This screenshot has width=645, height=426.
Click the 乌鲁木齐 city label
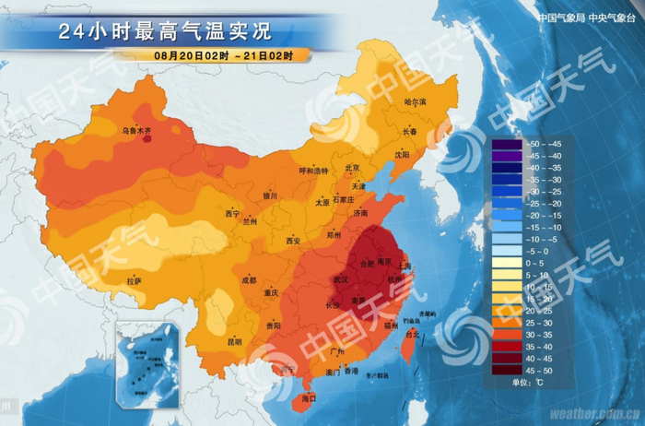pos(136,131)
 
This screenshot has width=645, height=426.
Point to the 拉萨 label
pos(135,279)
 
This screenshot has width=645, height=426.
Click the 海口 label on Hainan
pos(308,398)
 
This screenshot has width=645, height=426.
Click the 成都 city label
pos(250,279)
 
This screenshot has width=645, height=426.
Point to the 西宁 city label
pos(232,214)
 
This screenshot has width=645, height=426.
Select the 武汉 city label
pos(341,278)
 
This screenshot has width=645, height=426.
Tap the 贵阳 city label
pos(274,325)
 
